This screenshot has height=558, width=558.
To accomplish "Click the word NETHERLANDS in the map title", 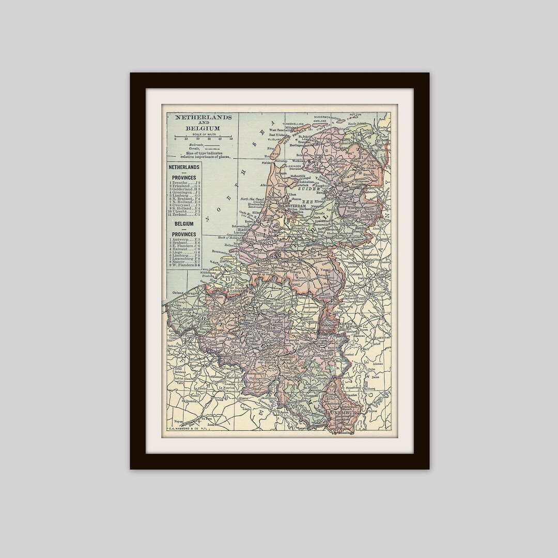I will click(x=203, y=118).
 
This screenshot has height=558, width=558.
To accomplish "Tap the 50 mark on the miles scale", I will click(x=231, y=138).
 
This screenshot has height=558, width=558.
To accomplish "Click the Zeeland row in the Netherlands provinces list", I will click(x=184, y=214).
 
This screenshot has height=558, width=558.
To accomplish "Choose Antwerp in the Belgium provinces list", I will click(x=184, y=240).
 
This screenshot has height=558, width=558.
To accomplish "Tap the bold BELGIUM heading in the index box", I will click(x=184, y=224).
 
